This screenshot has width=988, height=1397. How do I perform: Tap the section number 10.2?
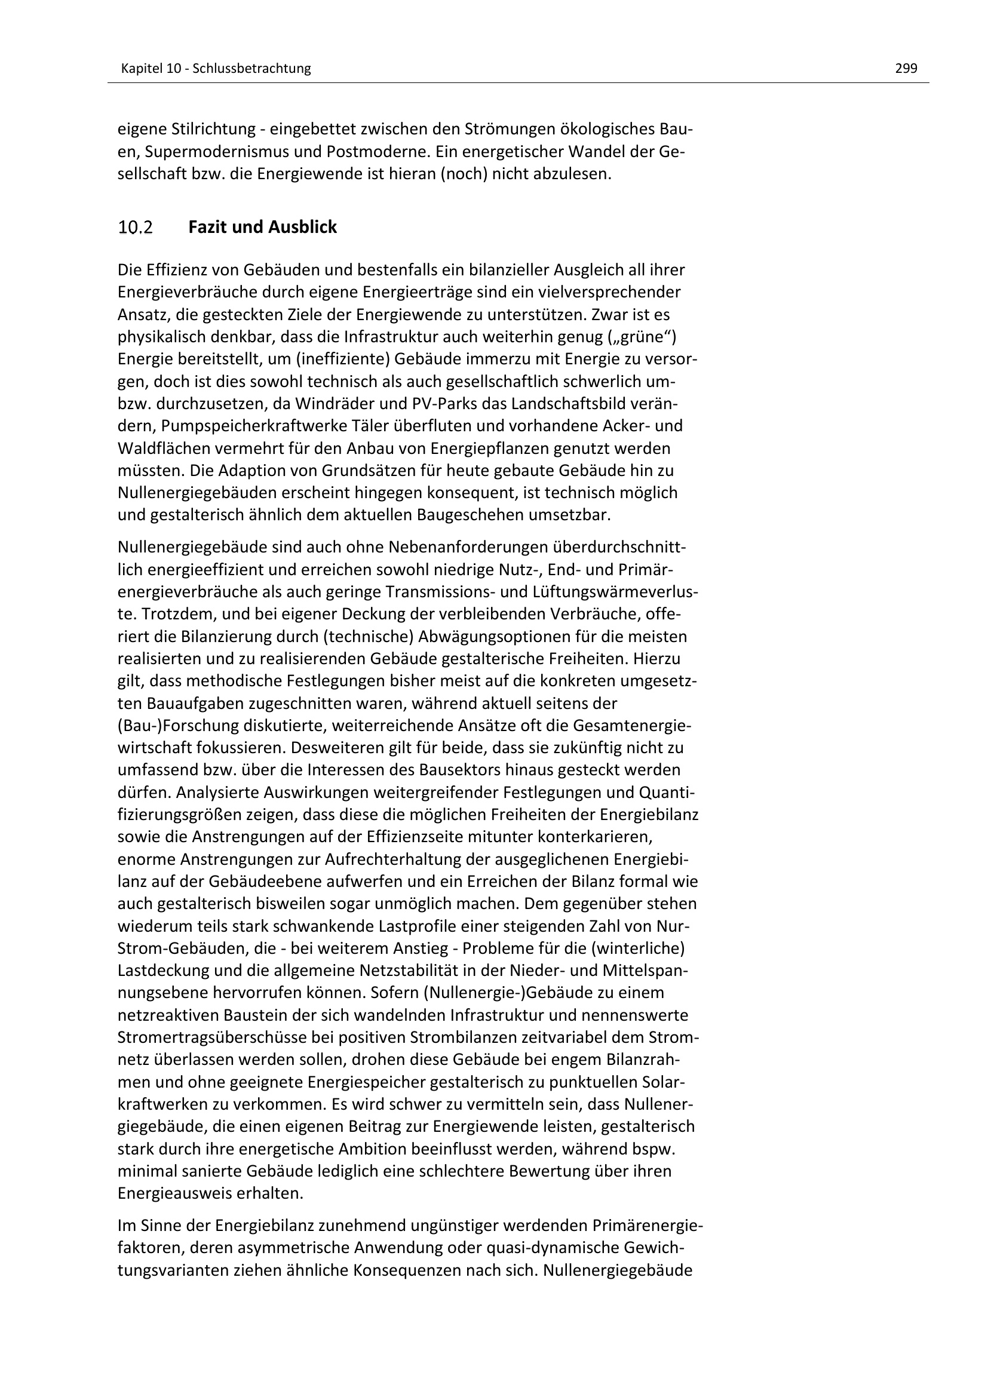[135, 228]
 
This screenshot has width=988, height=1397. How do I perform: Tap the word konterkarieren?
[594, 837]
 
